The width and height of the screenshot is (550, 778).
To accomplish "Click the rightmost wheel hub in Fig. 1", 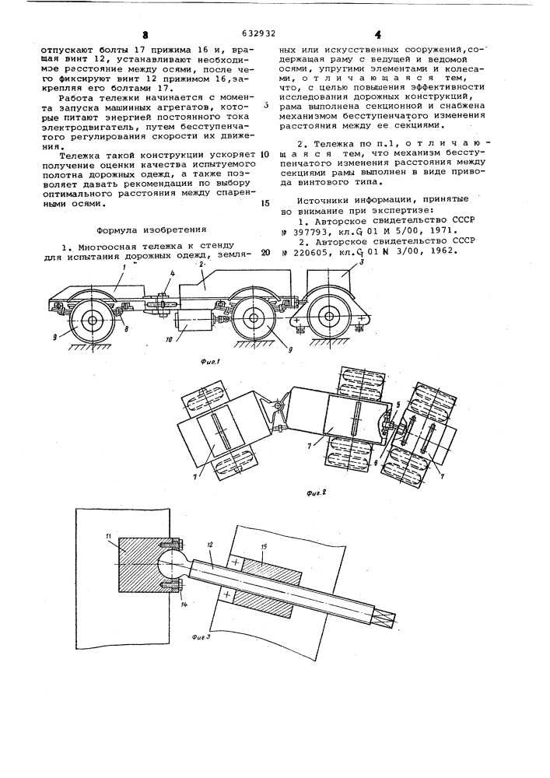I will pos(331,317).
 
